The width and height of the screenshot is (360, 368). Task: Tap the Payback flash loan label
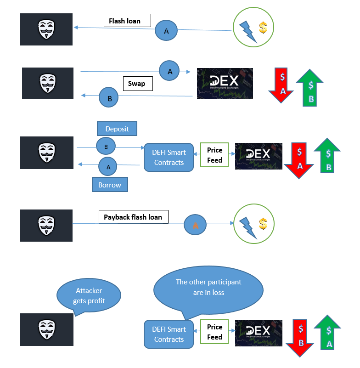[x=133, y=217]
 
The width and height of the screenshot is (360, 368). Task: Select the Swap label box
[x=137, y=84]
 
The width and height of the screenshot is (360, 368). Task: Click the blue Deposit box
[x=117, y=129]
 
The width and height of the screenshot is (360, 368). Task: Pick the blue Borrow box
[x=110, y=185]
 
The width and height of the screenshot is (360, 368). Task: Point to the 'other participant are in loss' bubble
[x=208, y=288]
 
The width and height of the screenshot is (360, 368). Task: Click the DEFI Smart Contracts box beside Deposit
[x=169, y=158]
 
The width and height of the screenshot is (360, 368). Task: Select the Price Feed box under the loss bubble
[x=214, y=332]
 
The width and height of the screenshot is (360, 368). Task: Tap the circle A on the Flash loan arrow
[x=166, y=31]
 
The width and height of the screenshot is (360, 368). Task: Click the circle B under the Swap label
[x=109, y=98]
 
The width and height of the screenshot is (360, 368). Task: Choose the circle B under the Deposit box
[x=106, y=147]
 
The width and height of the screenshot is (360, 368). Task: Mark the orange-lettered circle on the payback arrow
[x=195, y=225]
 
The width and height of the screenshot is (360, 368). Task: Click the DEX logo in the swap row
[x=225, y=83]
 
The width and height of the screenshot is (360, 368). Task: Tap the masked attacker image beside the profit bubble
[x=47, y=329]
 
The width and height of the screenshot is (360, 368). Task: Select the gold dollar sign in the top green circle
[x=263, y=28]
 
